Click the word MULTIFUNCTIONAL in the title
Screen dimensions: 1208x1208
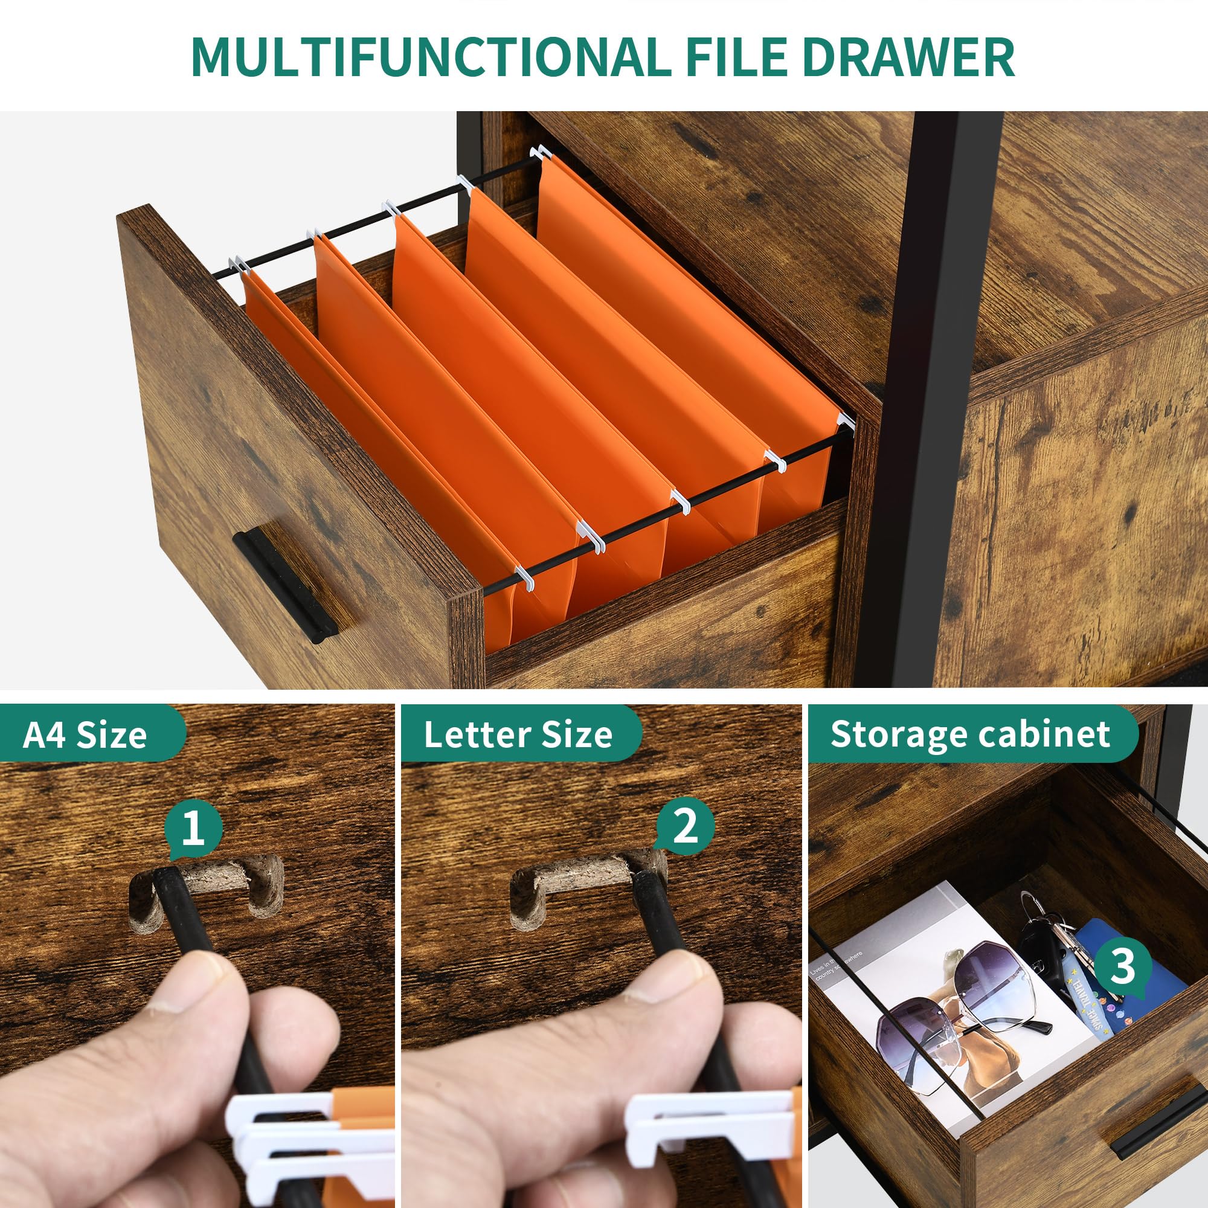[x=430, y=57]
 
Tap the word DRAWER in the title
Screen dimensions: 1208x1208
[x=908, y=57]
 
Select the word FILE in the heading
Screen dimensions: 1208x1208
[x=736, y=57]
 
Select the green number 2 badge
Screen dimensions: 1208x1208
[x=685, y=825]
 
